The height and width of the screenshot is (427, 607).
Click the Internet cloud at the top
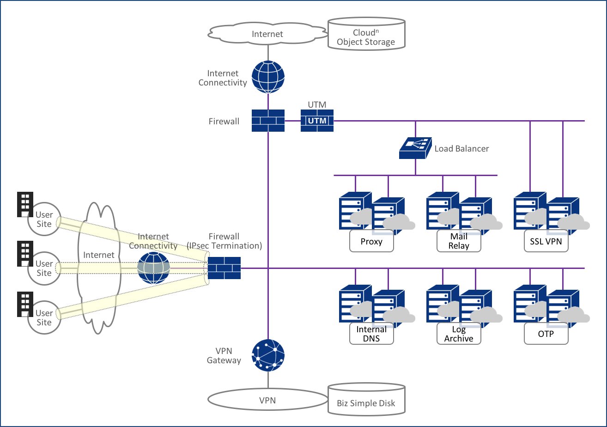tap(267, 34)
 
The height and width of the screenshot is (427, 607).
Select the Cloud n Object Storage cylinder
tap(366, 34)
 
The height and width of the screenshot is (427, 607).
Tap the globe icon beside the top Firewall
tap(268, 77)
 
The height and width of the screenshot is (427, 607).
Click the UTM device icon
tap(317, 121)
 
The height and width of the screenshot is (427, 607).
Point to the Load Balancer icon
tap(415, 148)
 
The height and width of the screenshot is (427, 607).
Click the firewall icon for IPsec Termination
tap(224, 268)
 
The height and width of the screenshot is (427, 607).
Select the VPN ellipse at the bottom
tap(267, 400)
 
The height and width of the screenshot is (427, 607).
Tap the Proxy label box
tap(371, 241)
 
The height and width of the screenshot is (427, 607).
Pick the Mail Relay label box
tap(459, 241)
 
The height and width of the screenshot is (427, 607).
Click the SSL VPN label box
tap(546, 241)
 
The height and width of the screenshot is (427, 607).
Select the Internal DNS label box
tap(371, 334)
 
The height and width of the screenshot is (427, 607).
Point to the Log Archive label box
tap(459, 334)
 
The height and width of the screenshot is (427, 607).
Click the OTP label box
tap(546, 334)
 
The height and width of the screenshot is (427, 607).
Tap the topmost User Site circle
tap(44, 219)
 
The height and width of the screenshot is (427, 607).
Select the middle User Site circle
tap(44, 268)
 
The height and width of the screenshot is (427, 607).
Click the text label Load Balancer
tap(461, 149)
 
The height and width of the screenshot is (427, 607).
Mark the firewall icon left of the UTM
tap(268, 121)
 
